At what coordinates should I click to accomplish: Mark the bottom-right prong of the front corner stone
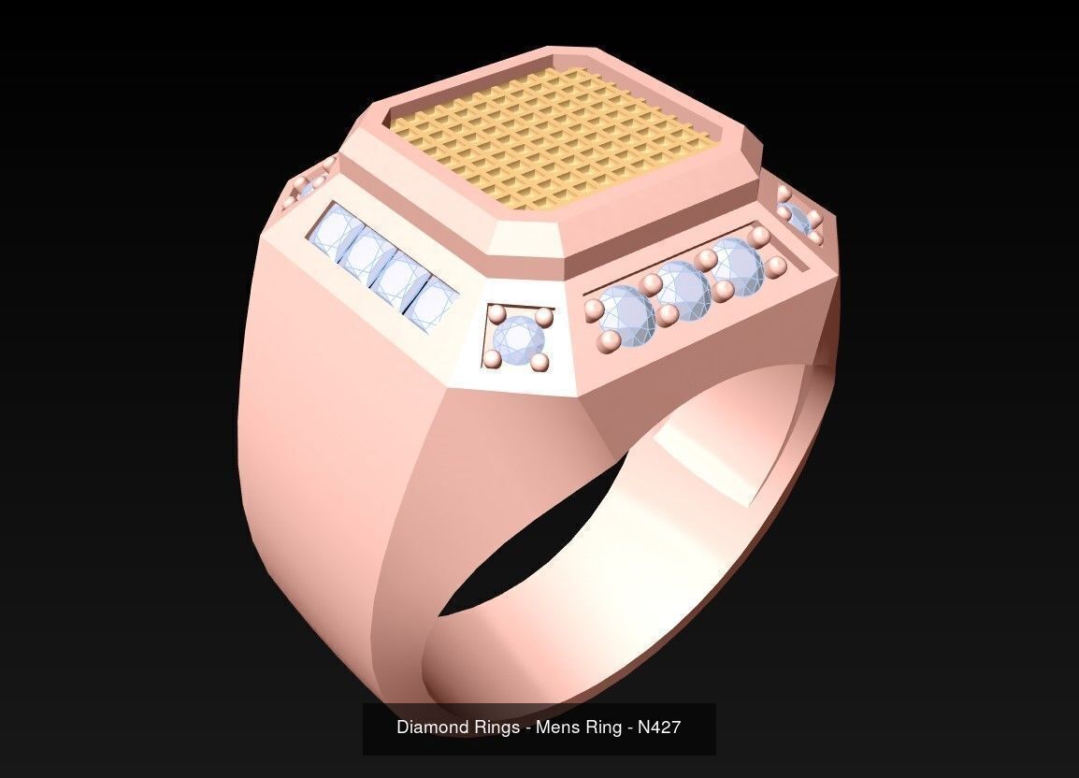pyautogui.click(x=539, y=361)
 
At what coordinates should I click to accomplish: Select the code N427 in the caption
pyautogui.click(x=659, y=727)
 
